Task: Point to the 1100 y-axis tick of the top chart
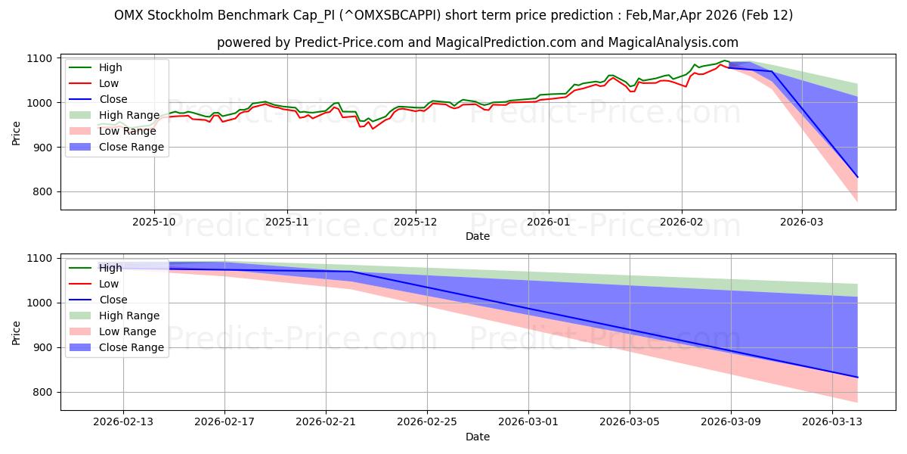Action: coord(39,58)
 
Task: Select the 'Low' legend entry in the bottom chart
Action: coord(110,284)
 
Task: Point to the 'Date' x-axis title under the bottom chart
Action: coord(478,437)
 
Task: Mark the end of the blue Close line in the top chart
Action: coord(857,177)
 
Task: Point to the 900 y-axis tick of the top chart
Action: coord(42,148)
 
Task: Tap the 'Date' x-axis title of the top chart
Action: coord(478,236)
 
